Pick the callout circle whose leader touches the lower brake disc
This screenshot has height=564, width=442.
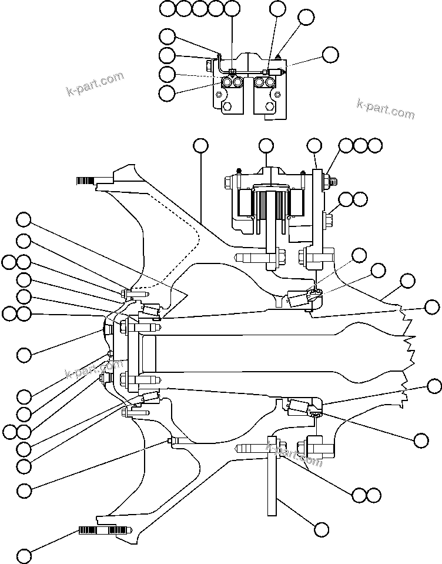coord(321,528)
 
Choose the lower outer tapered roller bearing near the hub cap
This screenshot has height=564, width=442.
coord(150,398)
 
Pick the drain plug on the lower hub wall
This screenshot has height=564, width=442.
coord(171,441)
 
